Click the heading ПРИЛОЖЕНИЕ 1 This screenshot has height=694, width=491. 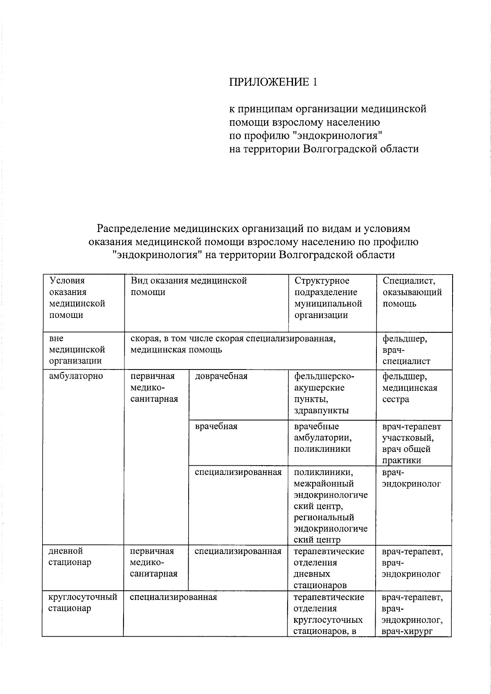point(273,82)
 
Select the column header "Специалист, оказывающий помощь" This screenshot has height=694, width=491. point(412,292)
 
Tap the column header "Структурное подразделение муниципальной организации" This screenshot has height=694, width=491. point(328,298)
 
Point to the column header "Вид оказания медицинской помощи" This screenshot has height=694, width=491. point(189,286)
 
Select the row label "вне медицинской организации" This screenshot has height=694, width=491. point(77,349)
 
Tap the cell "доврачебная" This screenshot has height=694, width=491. point(221,376)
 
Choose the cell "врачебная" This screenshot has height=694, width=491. point(216,426)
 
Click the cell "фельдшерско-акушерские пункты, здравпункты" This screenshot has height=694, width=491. point(324,393)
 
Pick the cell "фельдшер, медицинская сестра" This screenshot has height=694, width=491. point(410,388)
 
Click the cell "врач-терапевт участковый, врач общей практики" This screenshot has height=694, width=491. point(412,443)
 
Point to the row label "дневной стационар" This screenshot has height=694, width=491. point(70,557)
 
